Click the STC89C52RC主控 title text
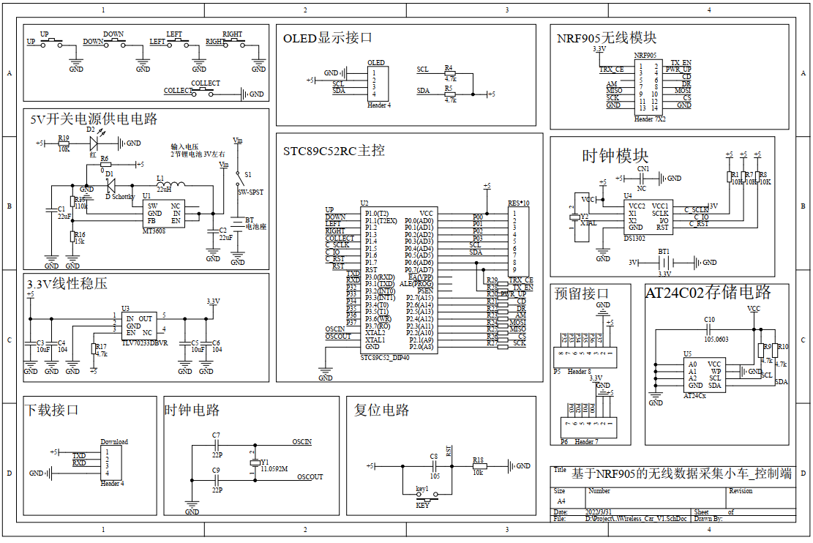coord(334,151)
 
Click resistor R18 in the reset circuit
coord(479,465)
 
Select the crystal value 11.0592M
coord(274,468)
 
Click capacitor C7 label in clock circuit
coord(216,435)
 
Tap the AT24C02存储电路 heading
coord(708,293)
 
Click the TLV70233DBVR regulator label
coord(145,343)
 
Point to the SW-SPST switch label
coord(251,192)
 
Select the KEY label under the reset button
coord(423,506)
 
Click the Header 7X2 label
coord(650,118)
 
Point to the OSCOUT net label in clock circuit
coord(310,477)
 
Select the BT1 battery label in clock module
coord(664,251)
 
